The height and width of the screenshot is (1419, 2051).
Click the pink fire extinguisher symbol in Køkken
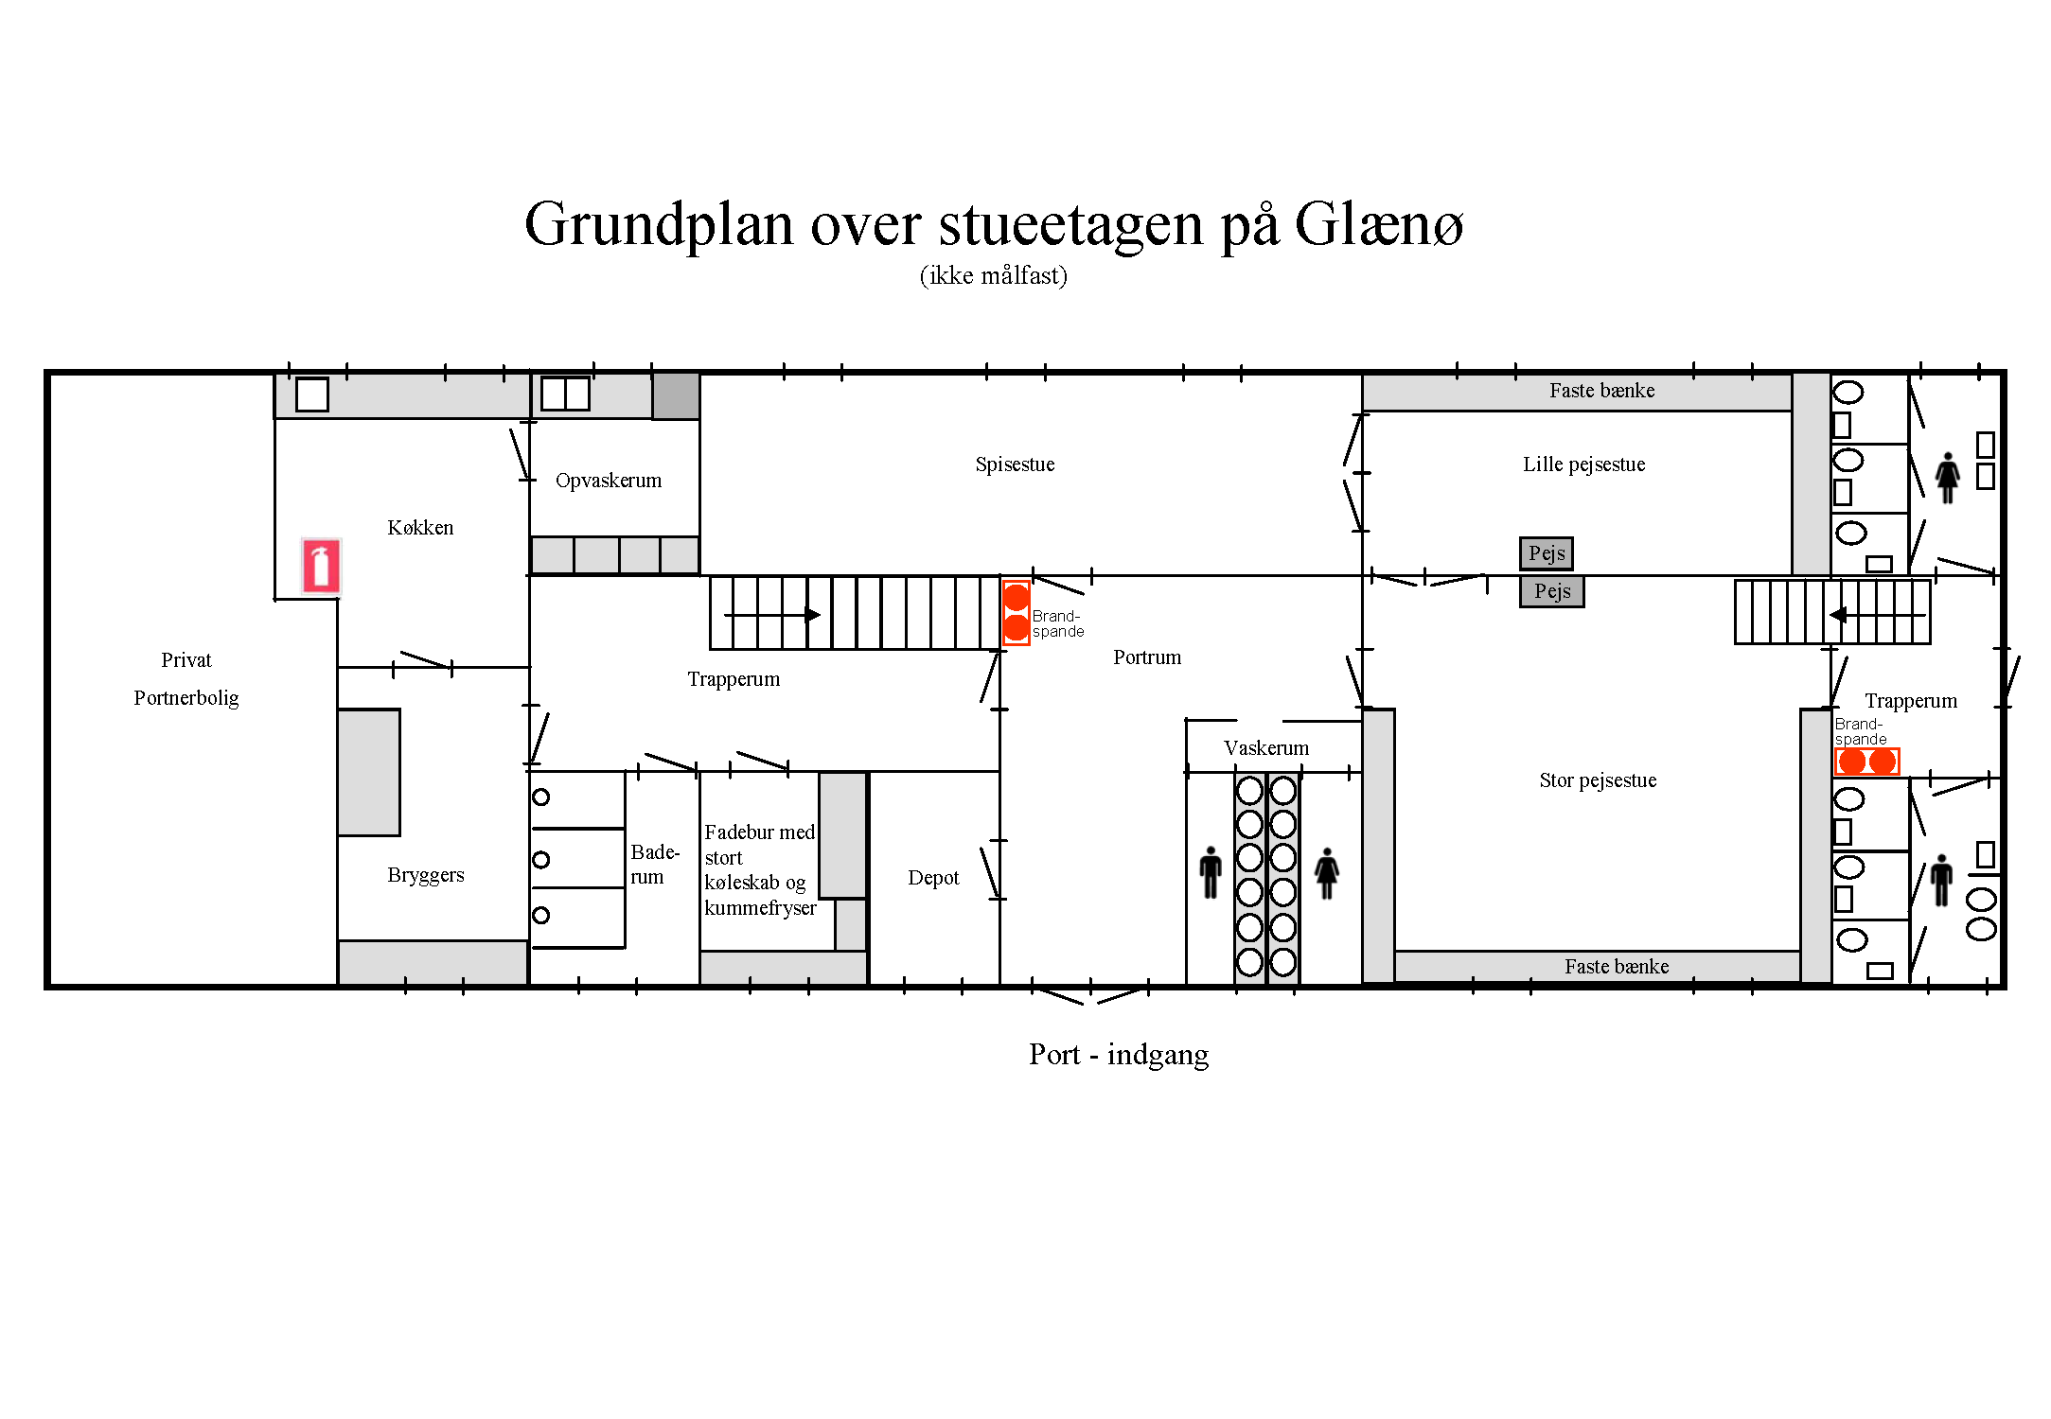[x=321, y=566]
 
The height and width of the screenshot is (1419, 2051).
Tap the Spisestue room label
[x=1015, y=464]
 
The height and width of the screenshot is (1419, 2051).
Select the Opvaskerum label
[x=609, y=481]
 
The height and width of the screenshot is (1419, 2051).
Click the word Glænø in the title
[x=1378, y=225]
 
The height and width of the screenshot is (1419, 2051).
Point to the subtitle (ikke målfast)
[x=994, y=275]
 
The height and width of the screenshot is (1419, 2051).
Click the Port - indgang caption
[x=1119, y=1054]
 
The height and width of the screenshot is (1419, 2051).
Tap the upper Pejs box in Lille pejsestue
[x=1547, y=553]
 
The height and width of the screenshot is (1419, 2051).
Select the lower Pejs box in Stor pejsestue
[x=1552, y=591]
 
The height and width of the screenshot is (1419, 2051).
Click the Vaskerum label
[x=1266, y=748]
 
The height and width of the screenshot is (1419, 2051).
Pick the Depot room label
[x=933, y=878]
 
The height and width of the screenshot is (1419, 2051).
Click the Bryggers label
[x=426, y=875]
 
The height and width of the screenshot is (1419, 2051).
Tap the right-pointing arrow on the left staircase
[x=772, y=615]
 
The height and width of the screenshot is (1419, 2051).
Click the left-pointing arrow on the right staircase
[x=1878, y=615]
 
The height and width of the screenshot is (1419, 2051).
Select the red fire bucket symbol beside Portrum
[x=1016, y=613]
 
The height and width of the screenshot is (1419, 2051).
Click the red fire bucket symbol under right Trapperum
[x=1866, y=762]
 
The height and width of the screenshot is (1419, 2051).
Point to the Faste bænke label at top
[x=1601, y=391]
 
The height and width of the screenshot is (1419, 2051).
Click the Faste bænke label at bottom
[x=1617, y=967]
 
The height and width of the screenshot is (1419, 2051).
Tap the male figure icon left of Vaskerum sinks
[x=1211, y=872]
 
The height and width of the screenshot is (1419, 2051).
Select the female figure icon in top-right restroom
[x=1947, y=478]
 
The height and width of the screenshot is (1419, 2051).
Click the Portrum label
[x=1147, y=657]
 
